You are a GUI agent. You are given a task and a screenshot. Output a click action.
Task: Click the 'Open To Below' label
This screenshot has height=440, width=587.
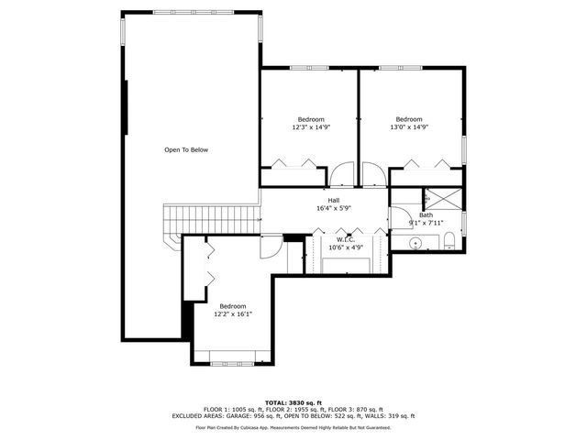186,149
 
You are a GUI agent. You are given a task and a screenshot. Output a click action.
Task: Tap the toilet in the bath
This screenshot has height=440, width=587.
449,243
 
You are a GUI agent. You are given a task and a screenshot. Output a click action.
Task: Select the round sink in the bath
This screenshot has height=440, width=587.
415,244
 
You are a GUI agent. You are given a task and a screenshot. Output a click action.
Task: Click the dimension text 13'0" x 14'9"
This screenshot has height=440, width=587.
408,128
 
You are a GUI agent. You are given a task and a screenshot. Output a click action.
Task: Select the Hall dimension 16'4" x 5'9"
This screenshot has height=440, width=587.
334,208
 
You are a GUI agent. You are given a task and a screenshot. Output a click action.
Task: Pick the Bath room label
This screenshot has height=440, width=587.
426,215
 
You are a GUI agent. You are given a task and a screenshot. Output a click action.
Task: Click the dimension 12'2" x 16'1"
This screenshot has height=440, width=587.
232,313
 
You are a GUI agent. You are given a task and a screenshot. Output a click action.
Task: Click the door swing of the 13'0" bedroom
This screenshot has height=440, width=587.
373,175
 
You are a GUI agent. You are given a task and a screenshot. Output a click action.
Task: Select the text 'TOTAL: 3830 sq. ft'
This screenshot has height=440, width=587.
293,402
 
